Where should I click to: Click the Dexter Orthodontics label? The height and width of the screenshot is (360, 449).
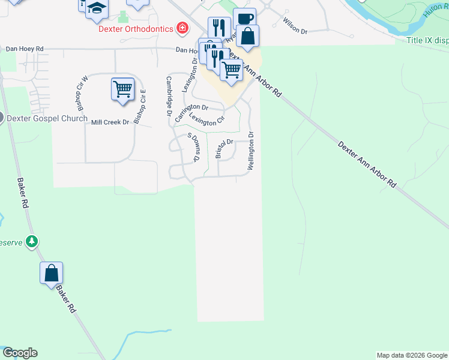(x=137, y=29)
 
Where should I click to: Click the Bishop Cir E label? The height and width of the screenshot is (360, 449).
(x=140, y=107)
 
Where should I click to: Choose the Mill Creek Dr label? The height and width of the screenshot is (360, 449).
(x=110, y=122)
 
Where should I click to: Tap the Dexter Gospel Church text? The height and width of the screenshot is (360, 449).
(x=47, y=118)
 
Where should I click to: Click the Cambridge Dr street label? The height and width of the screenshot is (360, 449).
(x=169, y=96)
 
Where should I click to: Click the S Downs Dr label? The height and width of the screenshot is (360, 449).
(x=193, y=148)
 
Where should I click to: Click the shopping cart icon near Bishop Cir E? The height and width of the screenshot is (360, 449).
(x=123, y=89)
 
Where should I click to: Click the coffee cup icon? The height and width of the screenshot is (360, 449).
(x=244, y=18)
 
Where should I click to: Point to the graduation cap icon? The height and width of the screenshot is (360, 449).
(x=95, y=8)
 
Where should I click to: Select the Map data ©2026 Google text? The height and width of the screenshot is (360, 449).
(x=411, y=355)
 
